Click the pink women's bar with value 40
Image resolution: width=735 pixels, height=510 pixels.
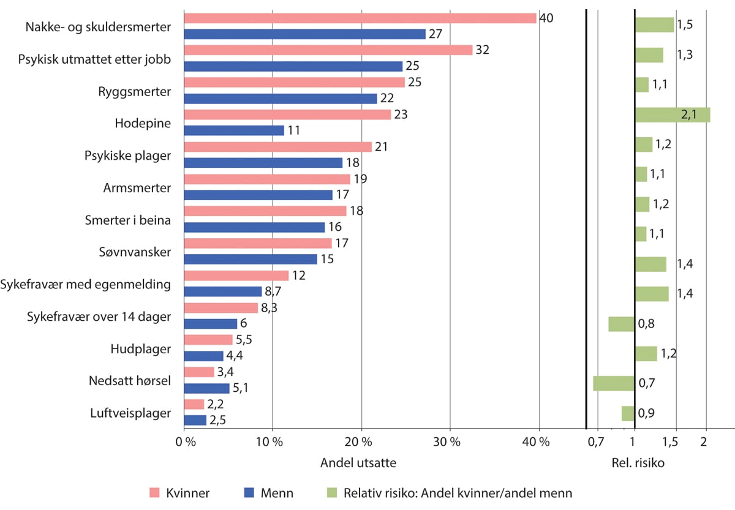click(x=360, y=18)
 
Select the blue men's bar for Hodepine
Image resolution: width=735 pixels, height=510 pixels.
click(x=234, y=130)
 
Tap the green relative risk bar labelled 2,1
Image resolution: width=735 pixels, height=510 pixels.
click(x=673, y=114)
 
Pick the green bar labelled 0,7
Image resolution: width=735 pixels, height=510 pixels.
click(x=614, y=383)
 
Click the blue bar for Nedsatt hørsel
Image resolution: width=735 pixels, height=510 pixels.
click(x=206, y=388)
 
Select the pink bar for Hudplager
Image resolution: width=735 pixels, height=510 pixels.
click(x=208, y=340)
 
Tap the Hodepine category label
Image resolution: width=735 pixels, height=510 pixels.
click(x=143, y=123)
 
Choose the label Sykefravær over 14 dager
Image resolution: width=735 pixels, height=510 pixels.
click(x=99, y=316)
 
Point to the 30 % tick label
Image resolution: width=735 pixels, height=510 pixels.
click(x=450, y=442)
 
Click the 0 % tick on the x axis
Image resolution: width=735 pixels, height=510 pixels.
click(x=184, y=442)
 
